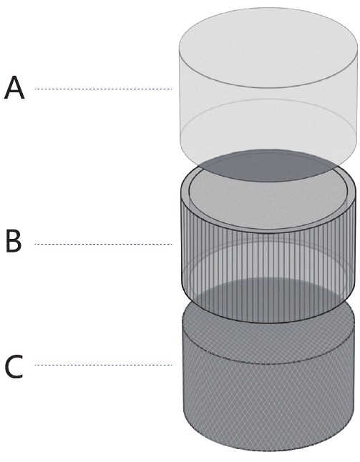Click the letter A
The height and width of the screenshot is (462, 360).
point(14,87)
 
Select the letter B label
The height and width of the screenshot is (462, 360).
point(14,242)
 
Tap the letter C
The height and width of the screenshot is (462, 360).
point(14,367)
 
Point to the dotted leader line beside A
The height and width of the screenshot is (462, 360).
point(103,89)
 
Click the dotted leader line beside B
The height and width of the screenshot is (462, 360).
point(103,244)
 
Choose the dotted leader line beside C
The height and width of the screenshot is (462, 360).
point(103,365)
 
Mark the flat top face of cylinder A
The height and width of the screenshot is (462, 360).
point(268,47)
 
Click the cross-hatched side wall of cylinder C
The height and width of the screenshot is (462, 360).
point(268,407)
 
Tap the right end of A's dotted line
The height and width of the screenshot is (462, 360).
point(172,89)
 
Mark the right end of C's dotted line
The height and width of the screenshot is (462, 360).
point(172,365)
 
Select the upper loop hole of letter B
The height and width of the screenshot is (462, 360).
point(14,237)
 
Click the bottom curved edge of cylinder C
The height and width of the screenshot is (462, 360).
point(268,451)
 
